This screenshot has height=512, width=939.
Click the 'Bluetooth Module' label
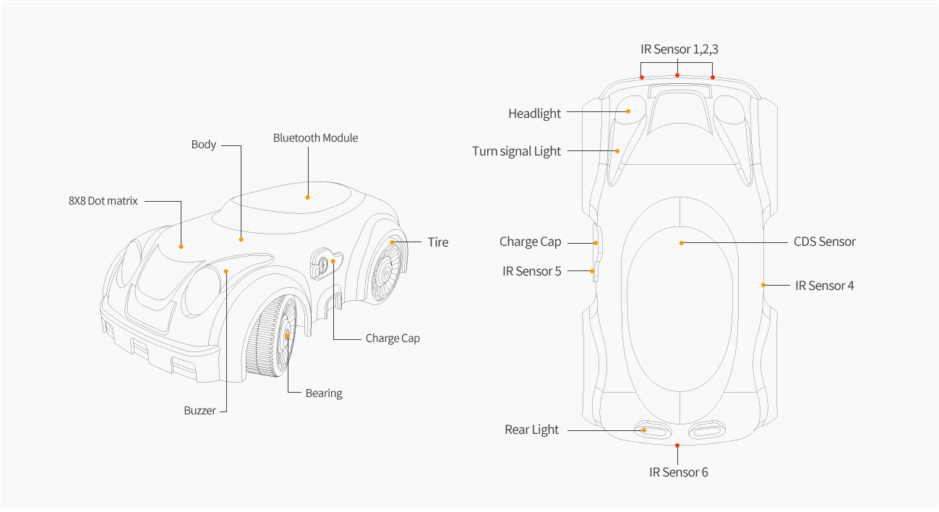315,138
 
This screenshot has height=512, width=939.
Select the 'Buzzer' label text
200,411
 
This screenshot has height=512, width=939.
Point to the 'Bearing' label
323,393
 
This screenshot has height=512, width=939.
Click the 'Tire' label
437,242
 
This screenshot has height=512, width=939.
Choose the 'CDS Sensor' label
824,242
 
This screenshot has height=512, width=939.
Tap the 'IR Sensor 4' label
824,286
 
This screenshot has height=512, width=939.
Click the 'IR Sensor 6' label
678,473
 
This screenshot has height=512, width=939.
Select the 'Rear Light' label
531,430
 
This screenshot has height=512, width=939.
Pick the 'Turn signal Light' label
516,151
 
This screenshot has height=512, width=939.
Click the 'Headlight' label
534,114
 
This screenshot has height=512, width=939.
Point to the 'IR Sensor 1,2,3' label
679,50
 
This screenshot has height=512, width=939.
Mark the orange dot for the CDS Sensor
681,243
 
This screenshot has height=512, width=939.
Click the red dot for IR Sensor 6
677,445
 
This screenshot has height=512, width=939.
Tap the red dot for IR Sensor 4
763,285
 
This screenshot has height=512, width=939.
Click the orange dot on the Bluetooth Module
308,197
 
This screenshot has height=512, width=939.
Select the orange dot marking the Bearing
288,336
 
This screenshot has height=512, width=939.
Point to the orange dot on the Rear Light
644,430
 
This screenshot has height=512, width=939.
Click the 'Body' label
203,145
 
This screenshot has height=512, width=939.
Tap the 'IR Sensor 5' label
531,272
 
